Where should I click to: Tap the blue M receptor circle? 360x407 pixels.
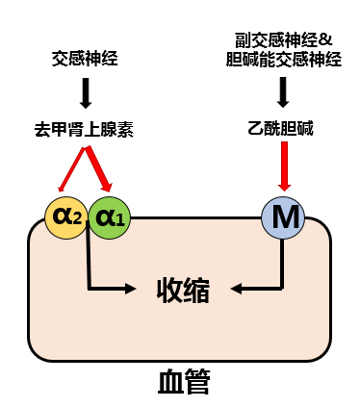pos(284,216)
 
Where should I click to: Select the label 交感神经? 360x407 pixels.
pos(86,59)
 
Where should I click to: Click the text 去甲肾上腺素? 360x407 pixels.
pos(85,129)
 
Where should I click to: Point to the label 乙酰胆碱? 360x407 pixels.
pos(283,129)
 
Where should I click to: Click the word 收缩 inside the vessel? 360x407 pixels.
pos(185,288)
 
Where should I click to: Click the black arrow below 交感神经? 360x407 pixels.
pos(86,93)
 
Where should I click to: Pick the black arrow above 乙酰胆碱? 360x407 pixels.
pos(283,93)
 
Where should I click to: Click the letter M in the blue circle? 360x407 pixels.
pos(284,217)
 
